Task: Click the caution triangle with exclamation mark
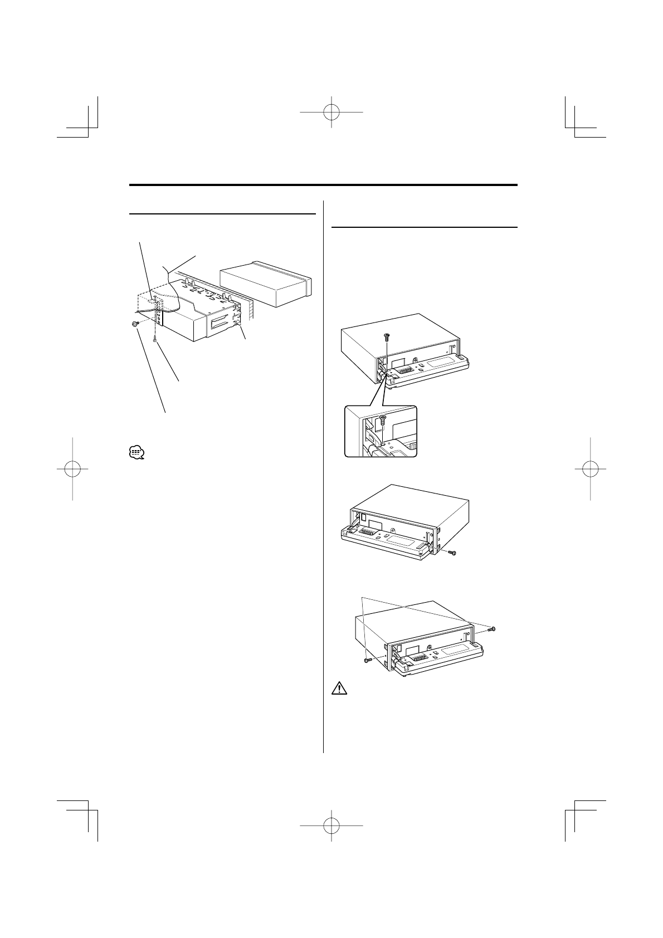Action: [339, 689]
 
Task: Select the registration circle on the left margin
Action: [73, 469]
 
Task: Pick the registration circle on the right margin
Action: [590, 469]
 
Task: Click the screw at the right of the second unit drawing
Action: [451, 553]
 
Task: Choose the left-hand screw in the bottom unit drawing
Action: [366, 660]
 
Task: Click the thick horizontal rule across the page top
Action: [323, 185]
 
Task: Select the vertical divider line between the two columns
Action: [323, 473]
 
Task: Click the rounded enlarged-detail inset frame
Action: [381, 431]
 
